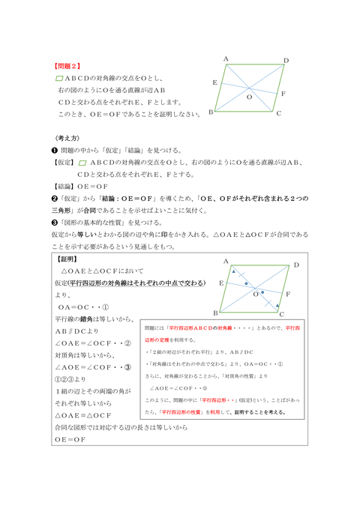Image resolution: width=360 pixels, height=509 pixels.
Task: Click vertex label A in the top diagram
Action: click(226, 58)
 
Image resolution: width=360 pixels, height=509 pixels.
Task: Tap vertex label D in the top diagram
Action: click(286, 61)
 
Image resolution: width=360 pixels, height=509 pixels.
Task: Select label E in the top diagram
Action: click(215, 82)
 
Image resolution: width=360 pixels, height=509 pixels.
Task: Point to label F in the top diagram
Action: click(283, 94)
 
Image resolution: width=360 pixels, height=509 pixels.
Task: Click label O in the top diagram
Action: click(250, 97)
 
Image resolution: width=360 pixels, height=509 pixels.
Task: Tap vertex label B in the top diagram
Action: click(211, 112)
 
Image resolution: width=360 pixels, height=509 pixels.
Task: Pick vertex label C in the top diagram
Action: click(278, 114)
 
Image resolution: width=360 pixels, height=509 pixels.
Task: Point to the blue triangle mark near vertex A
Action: click(233, 271)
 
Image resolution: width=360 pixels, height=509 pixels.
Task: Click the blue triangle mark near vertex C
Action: click(279, 305)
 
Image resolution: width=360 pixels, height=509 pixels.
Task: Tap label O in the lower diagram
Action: click(255, 295)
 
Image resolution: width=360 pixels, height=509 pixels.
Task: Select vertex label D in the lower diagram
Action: click(296, 265)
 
